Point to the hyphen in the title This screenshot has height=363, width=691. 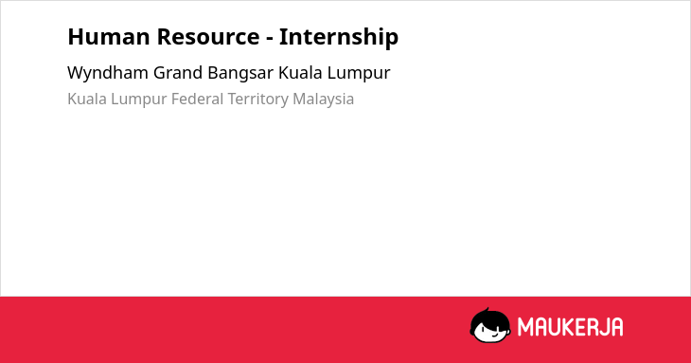(269, 38)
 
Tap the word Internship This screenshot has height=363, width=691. (339, 37)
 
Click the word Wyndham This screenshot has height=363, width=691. (108, 73)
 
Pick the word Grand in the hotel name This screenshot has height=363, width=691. (178, 73)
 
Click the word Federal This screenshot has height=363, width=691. (198, 99)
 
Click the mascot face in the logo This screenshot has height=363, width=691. (490, 326)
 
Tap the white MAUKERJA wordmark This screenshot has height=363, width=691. (570, 327)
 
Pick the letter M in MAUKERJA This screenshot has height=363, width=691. (524, 327)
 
